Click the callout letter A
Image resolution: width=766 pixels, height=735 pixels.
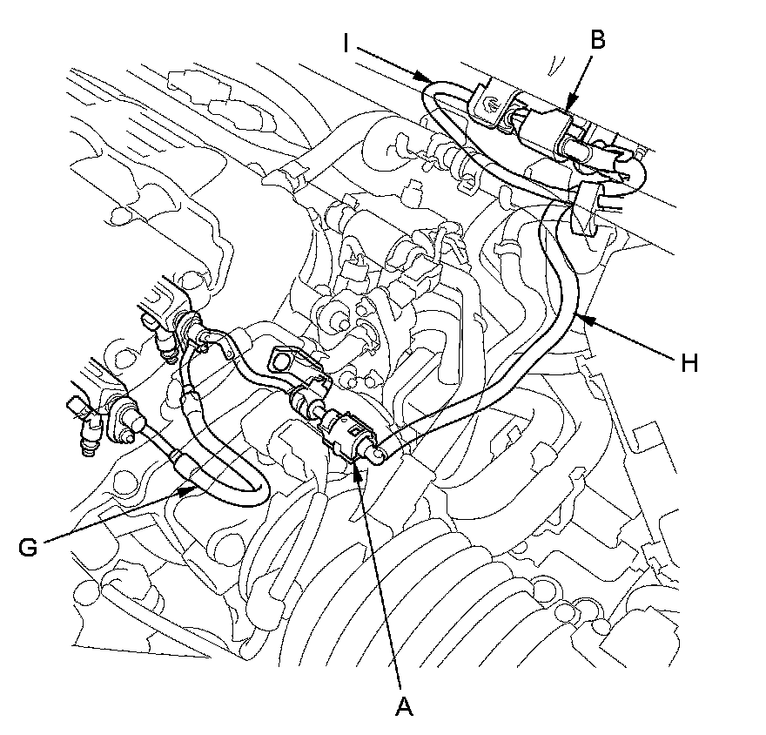pos(403,706)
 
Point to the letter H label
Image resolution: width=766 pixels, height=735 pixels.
pos(689,363)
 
